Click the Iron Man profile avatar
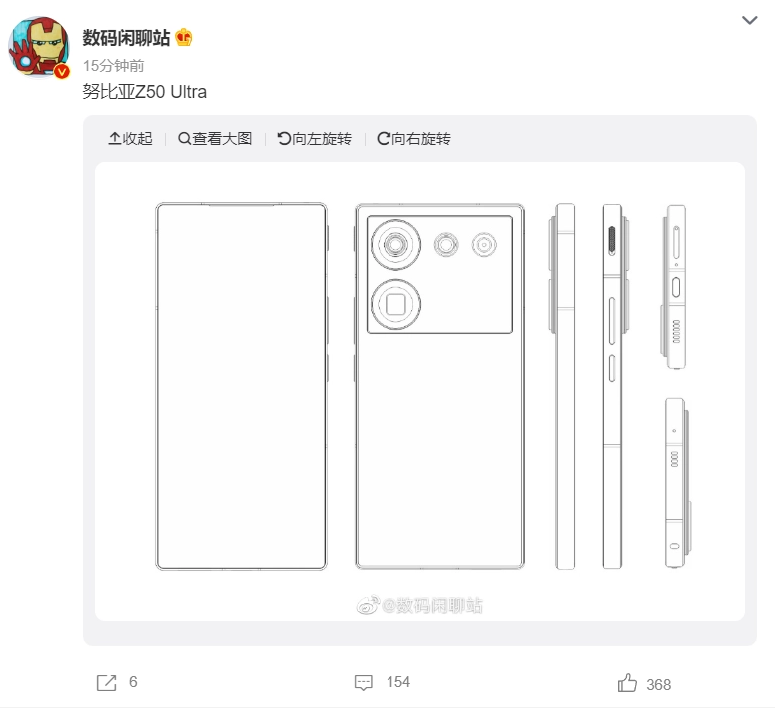tap(39, 47)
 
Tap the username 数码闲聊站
tap(126, 38)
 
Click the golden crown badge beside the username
tap(184, 38)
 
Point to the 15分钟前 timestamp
tap(114, 65)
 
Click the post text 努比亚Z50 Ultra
tap(144, 92)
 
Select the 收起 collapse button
tap(130, 138)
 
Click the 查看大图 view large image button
tap(215, 138)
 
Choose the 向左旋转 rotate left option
tap(315, 138)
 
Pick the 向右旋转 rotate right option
tap(413, 138)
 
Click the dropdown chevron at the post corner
tap(749, 20)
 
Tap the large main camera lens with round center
tap(395, 245)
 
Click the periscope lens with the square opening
tap(395, 304)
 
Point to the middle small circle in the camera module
tap(446, 245)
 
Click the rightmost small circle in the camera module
tap(484, 245)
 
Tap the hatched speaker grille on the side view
tap(612, 240)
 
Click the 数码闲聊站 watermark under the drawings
tap(419, 605)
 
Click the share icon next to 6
tap(106, 683)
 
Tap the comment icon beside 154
tap(364, 682)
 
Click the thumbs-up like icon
tap(627, 683)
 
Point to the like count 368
tap(658, 684)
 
